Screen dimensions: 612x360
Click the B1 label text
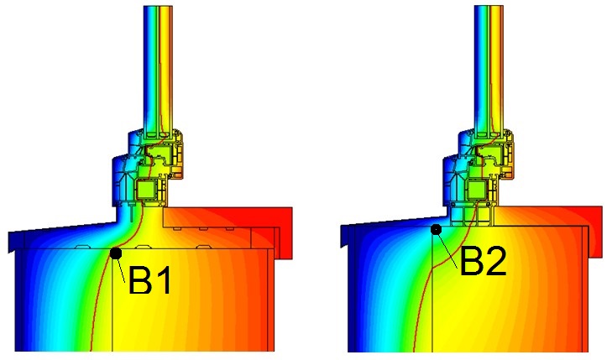pyautogui.click(x=149, y=280)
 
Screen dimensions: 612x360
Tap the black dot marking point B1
pyautogui.click(x=116, y=253)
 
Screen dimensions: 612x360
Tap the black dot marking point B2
pyautogui.click(x=436, y=229)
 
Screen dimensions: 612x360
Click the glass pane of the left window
pyautogui.click(x=158, y=70)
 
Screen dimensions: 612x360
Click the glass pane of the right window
pyautogui.click(x=489, y=70)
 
